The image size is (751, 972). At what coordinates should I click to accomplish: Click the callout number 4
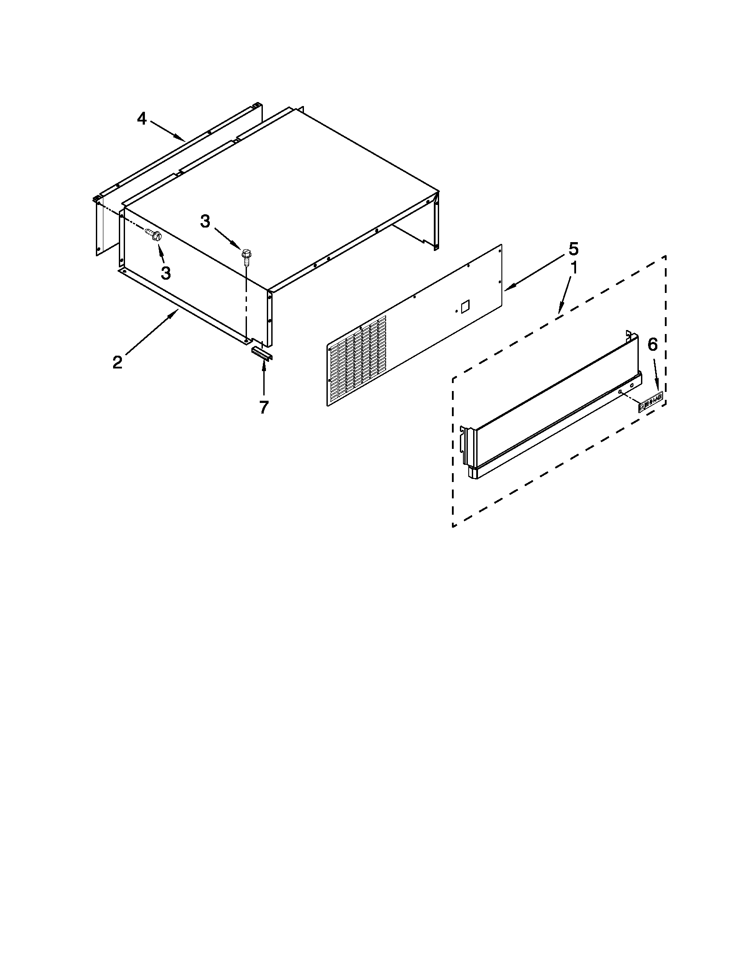[x=141, y=119]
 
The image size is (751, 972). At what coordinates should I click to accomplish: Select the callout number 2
[x=117, y=362]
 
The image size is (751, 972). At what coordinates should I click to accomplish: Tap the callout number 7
[x=264, y=407]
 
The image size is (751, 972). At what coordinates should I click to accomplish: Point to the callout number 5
[x=574, y=249]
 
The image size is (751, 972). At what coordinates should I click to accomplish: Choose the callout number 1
[x=574, y=268]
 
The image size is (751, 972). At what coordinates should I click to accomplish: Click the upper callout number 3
[x=205, y=221]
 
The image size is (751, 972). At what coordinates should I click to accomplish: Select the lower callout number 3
[x=166, y=273]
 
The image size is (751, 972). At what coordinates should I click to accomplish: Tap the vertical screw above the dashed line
[x=245, y=255]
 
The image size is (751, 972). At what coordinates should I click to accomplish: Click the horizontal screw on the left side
[x=153, y=234]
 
